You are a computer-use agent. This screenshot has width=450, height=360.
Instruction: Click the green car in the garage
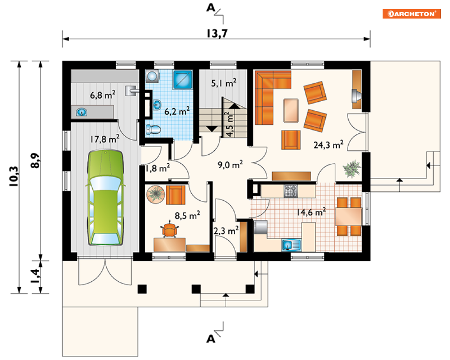pyautogui.click(x=106, y=198)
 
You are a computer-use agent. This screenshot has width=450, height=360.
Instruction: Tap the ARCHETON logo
pyautogui.click(x=412, y=14)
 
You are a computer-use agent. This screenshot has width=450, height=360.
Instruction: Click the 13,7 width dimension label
pyautogui.click(x=217, y=33)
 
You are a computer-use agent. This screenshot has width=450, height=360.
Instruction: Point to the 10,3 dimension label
pyautogui.click(x=14, y=176)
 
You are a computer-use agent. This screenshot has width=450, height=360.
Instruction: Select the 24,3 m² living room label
pyautogui.click(x=328, y=145)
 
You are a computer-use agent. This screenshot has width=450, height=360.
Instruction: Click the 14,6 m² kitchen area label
pyautogui.click(x=311, y=212)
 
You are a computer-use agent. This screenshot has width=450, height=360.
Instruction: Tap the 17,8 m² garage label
pyautogui.click(x=105, y=139)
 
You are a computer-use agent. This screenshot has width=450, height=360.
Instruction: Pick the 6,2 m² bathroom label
pyautogui.click(x=177, y=111)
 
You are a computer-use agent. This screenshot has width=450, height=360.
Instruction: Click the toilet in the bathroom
pyautogui.click(x=153, y=129)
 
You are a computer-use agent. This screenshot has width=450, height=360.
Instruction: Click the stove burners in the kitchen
pyautogui.click(x=291, y=191)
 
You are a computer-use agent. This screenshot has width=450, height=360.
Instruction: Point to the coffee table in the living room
pyautogui.click(x=291, y=110)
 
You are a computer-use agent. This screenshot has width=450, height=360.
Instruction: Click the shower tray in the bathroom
pyautogui.click(x=183, y=80)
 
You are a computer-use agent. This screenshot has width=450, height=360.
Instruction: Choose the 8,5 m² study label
pyautogui.click(x=187, y=215)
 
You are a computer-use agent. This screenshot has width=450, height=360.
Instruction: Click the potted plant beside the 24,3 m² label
pyautogui.click(x=352, y=169)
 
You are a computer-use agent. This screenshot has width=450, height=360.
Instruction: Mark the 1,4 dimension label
pyautogui.click(x=36, y=276)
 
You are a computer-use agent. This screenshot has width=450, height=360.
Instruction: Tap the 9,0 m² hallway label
pyautogui.click(x=230, y=165)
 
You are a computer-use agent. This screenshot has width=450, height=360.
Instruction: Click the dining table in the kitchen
pyautogui.click(x=348, y=217)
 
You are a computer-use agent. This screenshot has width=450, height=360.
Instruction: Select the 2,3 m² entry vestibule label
pyautogui.click(x=226, y=231)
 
